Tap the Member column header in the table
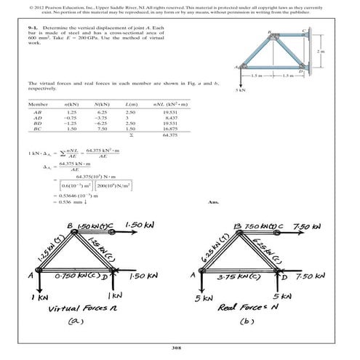click(37, 105)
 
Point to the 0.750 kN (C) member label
click(76, 277)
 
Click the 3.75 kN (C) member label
click(246, 277)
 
